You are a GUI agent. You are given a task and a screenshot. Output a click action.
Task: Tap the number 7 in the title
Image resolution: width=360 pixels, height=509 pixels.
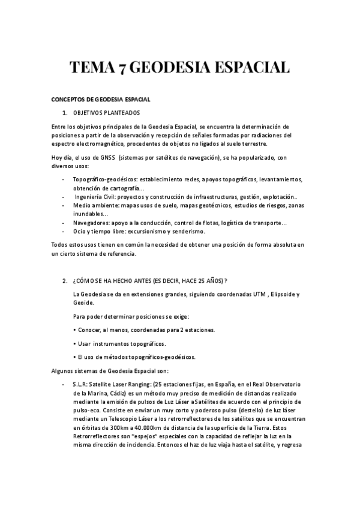(122, 67)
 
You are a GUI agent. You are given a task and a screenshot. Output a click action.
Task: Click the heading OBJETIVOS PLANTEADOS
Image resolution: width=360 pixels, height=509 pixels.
(106, 113)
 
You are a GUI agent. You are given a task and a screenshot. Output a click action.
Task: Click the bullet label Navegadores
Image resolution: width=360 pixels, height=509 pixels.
(92, 223)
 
